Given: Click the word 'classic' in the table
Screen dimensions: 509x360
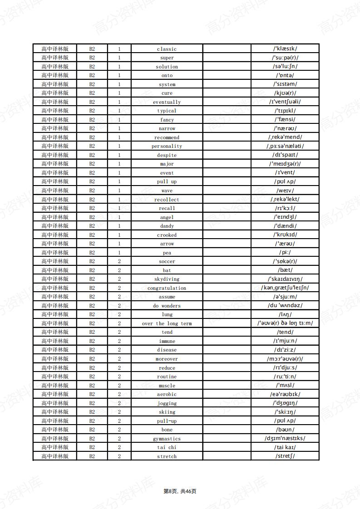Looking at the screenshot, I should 167,49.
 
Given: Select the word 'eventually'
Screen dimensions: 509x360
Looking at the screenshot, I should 167,102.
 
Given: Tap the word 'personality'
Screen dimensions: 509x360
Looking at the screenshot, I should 167,146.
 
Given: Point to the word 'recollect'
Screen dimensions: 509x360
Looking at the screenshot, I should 167,200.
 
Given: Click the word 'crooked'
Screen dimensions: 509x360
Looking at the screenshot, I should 167,235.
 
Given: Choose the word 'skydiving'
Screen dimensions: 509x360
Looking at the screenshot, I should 167,279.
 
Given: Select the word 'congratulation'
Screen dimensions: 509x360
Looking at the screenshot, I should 167,288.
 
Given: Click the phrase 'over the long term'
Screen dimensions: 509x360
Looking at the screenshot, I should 167,323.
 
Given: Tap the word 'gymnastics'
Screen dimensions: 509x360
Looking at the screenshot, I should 167,439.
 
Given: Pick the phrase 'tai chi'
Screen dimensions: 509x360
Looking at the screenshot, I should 167,447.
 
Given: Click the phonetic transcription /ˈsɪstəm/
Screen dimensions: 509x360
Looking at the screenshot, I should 285,84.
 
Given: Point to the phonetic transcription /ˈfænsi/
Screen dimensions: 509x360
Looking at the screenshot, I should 285,119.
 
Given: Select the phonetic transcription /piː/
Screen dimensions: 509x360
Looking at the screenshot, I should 285,252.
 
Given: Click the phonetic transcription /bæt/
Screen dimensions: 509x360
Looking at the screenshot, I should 285,270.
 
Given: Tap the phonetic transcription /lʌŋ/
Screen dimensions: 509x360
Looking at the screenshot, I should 285,314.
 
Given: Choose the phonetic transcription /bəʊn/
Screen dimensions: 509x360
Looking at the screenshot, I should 285,429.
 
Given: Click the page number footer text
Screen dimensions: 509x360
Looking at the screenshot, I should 180,491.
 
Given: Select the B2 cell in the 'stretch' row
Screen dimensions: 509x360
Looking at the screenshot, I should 92,456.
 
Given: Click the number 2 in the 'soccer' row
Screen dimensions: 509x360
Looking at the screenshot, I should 119,261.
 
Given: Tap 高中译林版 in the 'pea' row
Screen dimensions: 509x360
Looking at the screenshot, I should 55,252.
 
